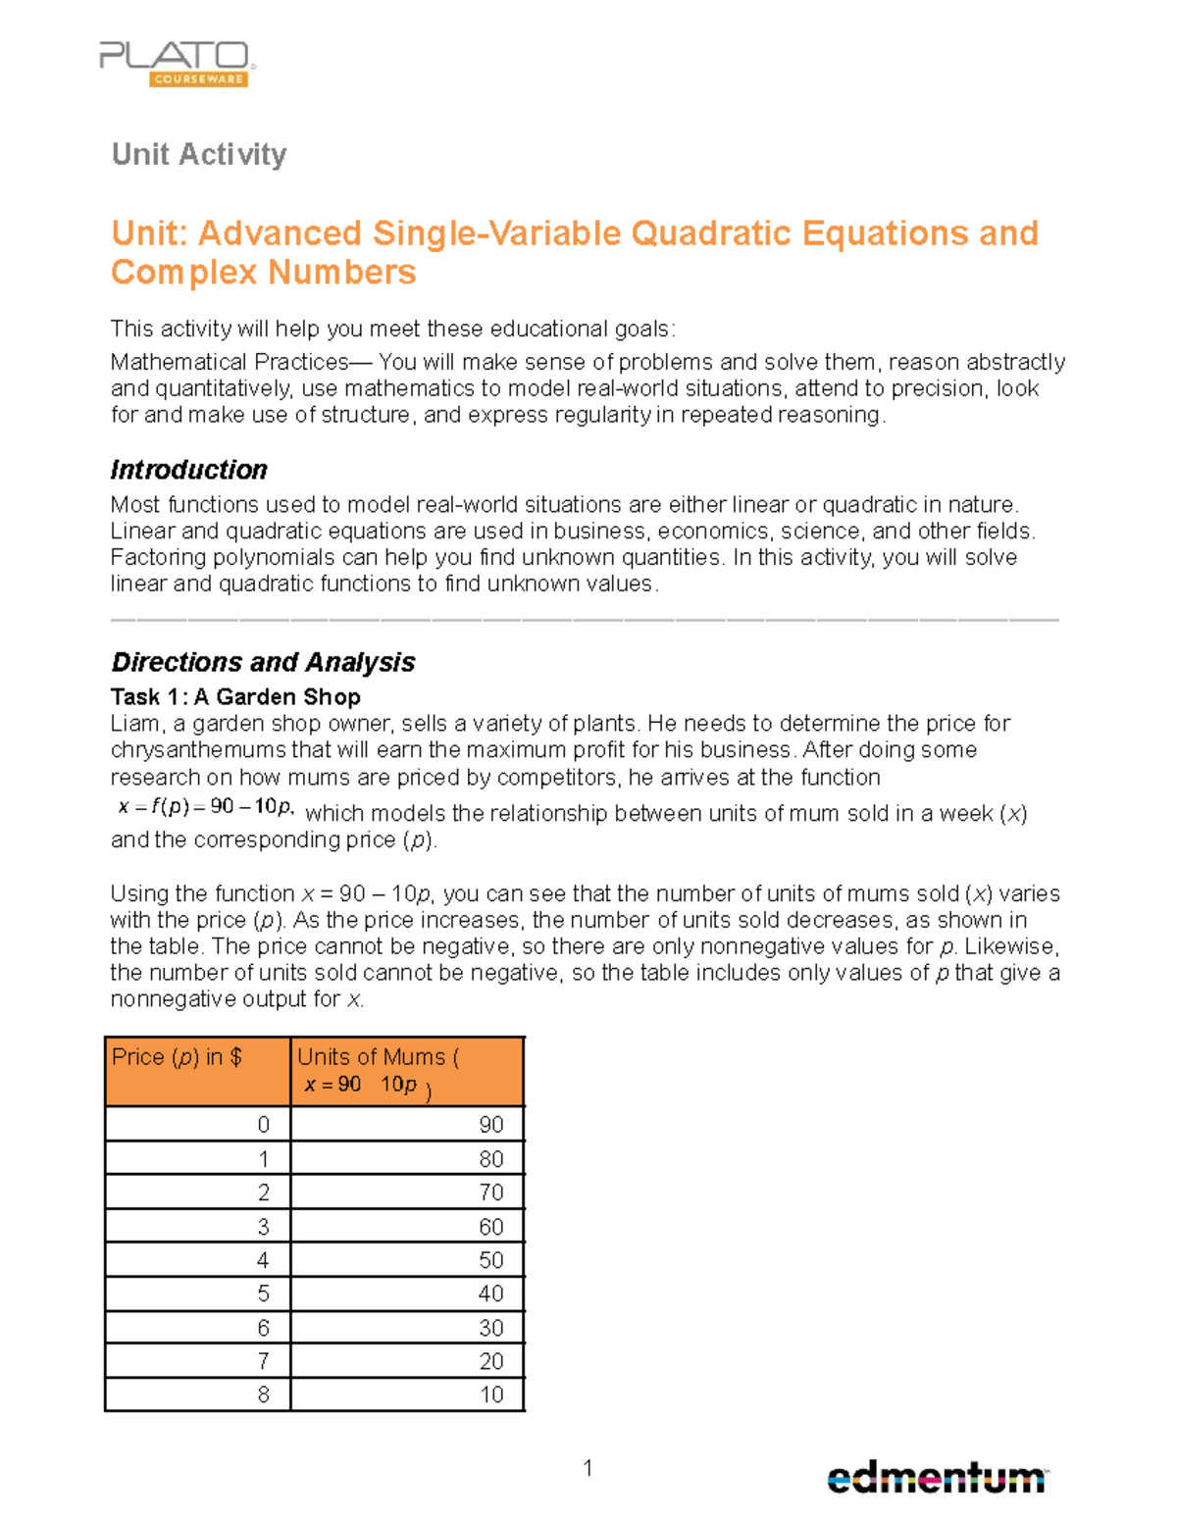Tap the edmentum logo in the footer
pos(937,1477)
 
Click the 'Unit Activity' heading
pos(199,154)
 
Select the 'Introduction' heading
pos(188,470)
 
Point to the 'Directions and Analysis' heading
pos(263,662)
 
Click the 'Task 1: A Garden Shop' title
pos(235,696)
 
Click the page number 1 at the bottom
pos(588,1468)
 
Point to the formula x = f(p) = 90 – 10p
pos(205,807)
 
